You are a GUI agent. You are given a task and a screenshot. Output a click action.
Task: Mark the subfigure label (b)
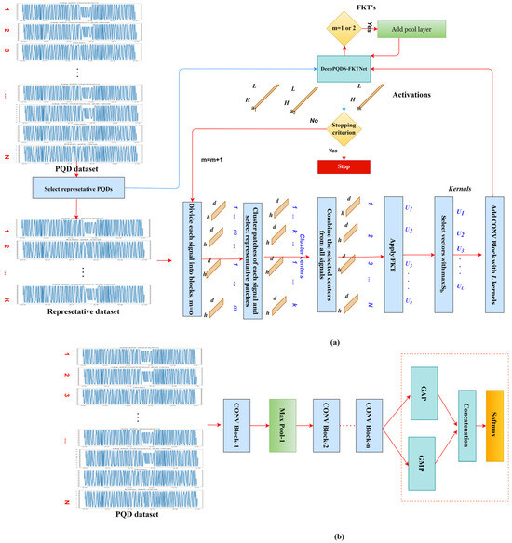pos(257,536)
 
